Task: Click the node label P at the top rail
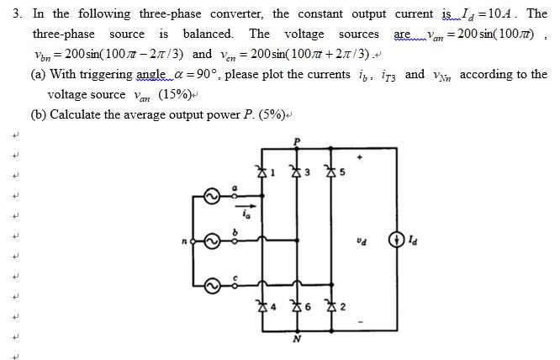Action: [x=295, y=140]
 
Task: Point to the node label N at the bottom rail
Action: [x=295, y=341]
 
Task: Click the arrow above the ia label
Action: [x=243, y=202]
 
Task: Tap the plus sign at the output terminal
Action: [x=362, y=156]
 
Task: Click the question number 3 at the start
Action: [x=14, y=13]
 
